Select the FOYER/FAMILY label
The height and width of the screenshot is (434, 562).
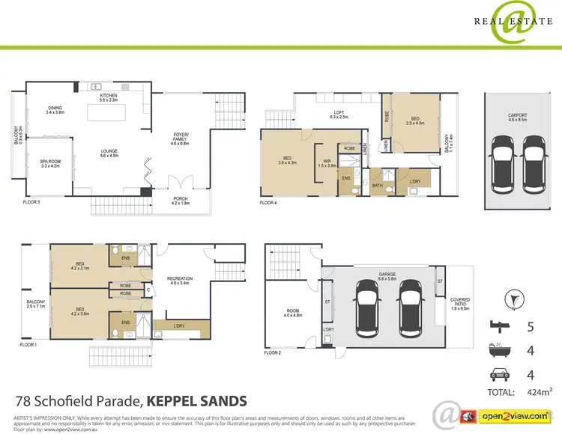pos(182,135)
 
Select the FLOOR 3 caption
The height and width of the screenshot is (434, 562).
pos(25,202)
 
